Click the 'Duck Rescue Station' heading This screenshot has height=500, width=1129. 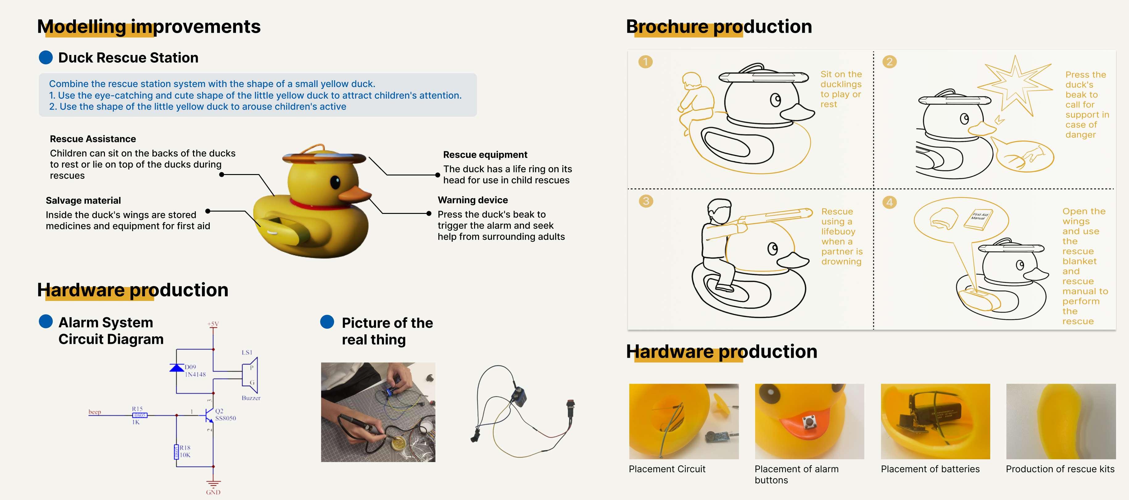click(128, 57)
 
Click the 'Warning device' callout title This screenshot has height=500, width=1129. click(473, 200)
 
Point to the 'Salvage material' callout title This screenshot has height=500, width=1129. click(83, 200)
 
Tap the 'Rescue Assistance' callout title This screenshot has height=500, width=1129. click(93, 139)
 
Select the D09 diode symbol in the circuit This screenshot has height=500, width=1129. click(177, 368)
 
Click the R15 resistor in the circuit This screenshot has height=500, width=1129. click(140, 415)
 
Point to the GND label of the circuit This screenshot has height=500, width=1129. click(213, 492)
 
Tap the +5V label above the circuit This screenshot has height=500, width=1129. click(213, 324)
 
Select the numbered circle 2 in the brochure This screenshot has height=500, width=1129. click(889, 62)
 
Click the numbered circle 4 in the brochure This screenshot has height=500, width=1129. click(889, 202)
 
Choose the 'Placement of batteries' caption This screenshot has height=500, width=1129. click(930, 469)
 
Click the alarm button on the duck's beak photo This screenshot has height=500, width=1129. click(808, 422)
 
